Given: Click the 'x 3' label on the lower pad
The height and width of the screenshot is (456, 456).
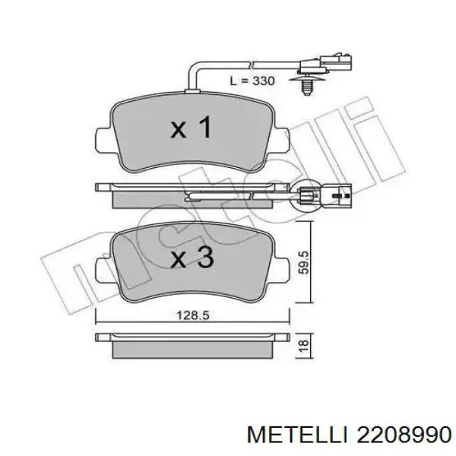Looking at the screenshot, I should click(190, 258).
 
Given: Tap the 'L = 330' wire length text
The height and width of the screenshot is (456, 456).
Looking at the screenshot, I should click(252, 80).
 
